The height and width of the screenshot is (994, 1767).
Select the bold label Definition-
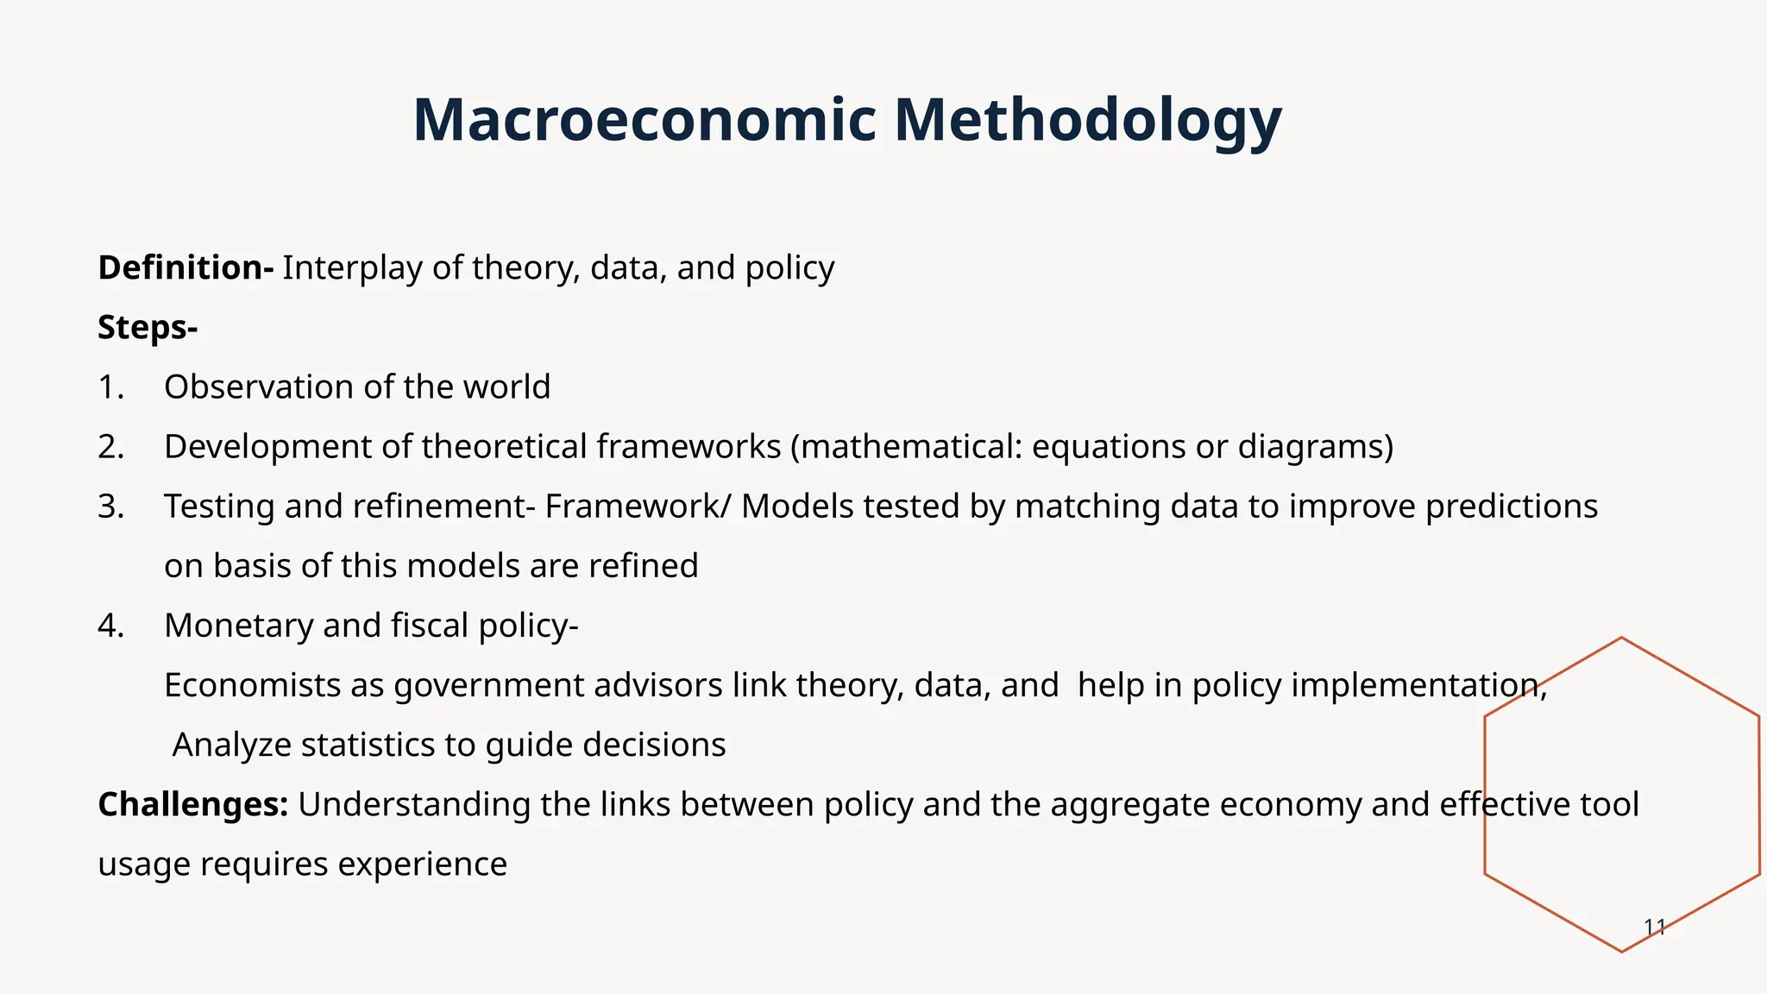click(186, 267)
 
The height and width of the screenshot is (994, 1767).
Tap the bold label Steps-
click(148, 327)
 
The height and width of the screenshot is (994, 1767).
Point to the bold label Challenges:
click(192, 804)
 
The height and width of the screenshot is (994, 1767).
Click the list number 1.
click(110, 387)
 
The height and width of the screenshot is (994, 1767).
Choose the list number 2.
click(110, 447)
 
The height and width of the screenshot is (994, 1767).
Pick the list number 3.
click(110, 506)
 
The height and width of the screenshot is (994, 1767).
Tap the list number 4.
click(110, 626)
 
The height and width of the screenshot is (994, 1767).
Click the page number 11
click(1654, 928)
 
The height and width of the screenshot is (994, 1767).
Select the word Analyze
click(232, 745)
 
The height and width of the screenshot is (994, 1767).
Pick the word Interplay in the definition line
click(353, 267)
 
